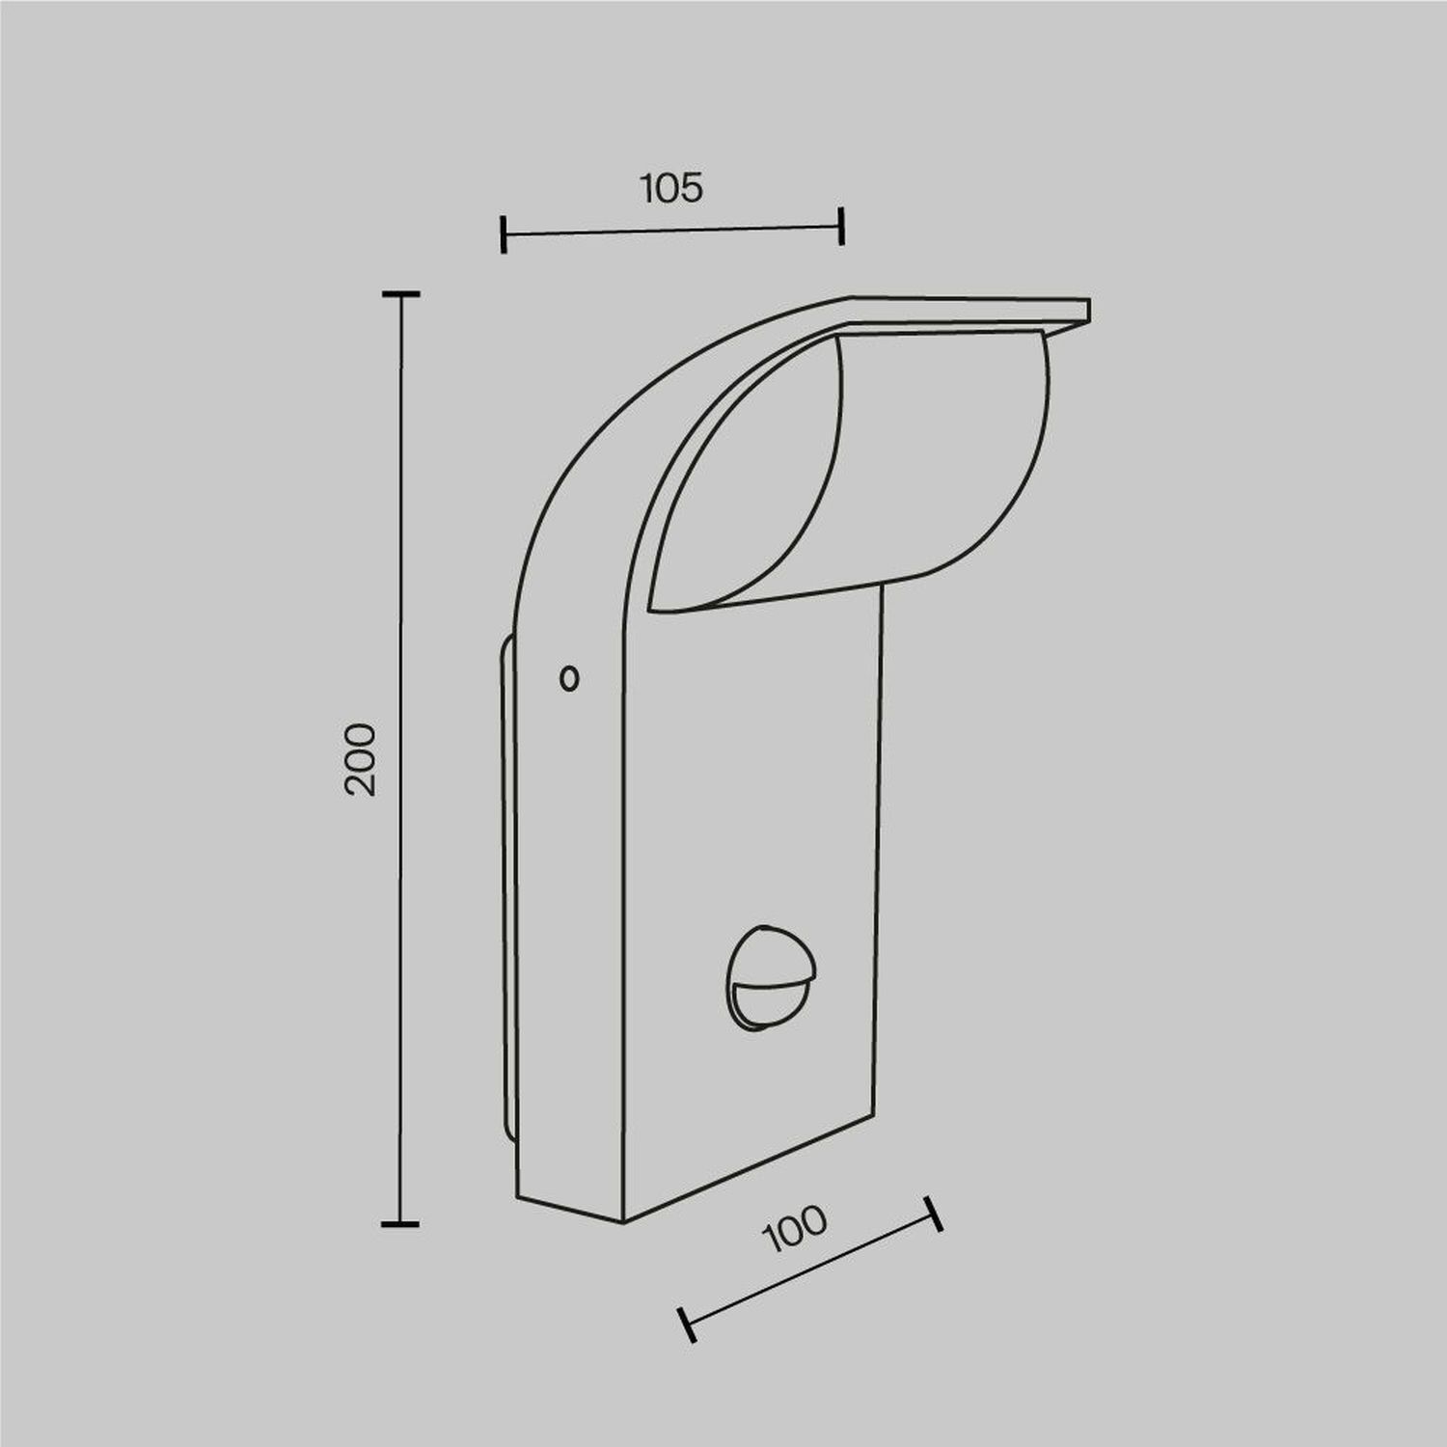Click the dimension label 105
(x=671, y=188)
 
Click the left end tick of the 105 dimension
(x=504, y=234)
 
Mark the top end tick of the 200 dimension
(x=400, y=293)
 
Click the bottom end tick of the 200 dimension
(x=400, y=1224)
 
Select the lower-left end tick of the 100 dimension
(x=687, y=1324)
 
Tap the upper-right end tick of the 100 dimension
(x=933, y=1214)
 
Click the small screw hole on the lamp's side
(x=569, y=679)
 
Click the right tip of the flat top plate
(x=1086, y=310)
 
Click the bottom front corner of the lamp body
(x=624, y=1221)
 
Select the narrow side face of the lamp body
(x=569, y=916)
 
